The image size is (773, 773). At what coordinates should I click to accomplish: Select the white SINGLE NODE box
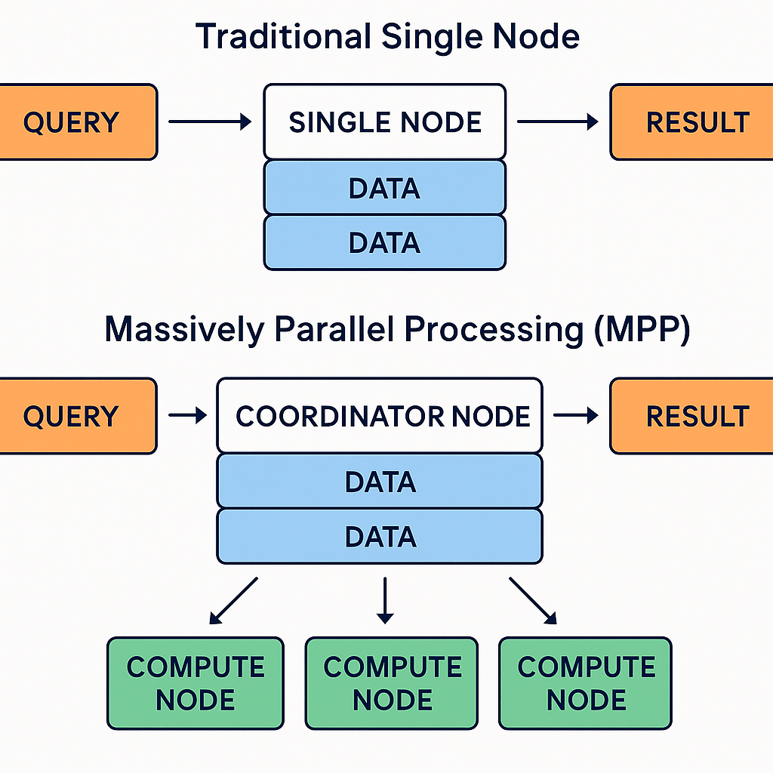pos(385,122)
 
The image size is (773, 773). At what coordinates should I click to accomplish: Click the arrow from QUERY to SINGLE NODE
pos(210,122)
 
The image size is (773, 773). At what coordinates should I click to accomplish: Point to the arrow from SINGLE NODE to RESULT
pos(558,122)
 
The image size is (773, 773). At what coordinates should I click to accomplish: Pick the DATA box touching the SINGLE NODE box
pos(385,188)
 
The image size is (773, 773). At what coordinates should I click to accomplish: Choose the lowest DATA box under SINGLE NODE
pos(385,242)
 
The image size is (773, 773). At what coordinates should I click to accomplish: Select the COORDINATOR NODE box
pos(380,416)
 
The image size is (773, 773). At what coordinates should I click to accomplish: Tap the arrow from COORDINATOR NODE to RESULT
pos(576,416)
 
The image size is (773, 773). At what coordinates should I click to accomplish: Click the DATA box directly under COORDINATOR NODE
pos(380,482)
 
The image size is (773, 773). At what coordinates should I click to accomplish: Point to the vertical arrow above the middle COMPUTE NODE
pos(385,600)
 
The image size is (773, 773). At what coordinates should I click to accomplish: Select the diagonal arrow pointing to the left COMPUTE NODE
pos(233,601)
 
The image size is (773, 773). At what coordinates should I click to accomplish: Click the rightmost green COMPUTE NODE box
pos(586,683)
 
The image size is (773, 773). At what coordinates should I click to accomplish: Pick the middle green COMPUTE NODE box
pos(392,683)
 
